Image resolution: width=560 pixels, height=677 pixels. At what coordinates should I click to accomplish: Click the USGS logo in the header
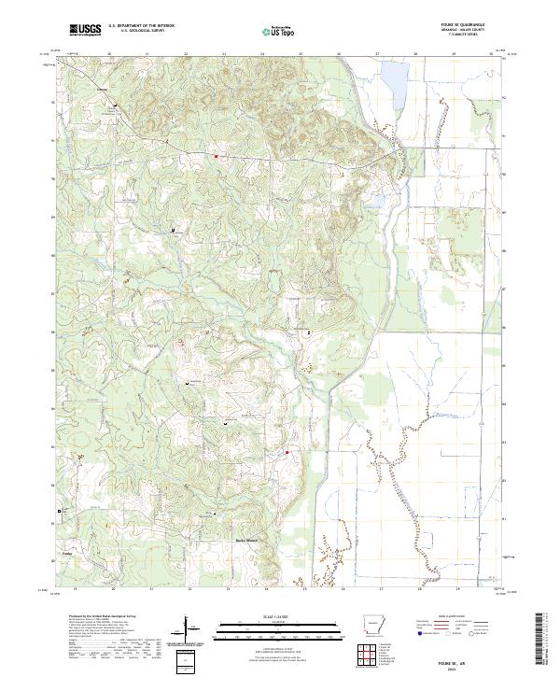pyautogui.click(x=85, y=31)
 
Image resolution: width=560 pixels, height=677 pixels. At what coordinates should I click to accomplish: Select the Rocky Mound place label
pyautogui.click(x=245, y=541)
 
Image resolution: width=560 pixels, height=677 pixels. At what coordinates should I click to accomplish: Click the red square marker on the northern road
pyautogui.click(x=217, y=156)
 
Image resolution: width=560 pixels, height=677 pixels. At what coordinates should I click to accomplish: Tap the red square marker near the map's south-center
pyautogui.click(x=287, y=453)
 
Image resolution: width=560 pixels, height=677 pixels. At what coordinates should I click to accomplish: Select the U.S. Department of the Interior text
pyautogui.click(x=140, y=27)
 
